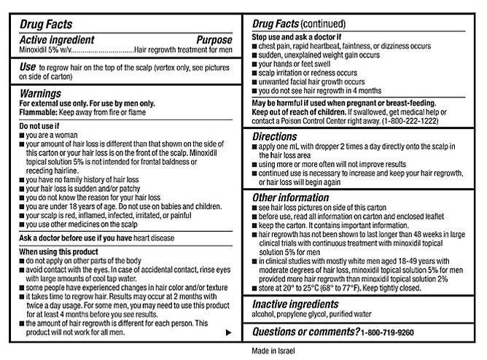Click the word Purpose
(x=214, y=41)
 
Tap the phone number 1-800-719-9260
(x=393, y=332)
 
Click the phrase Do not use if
(x=40, y=127)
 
